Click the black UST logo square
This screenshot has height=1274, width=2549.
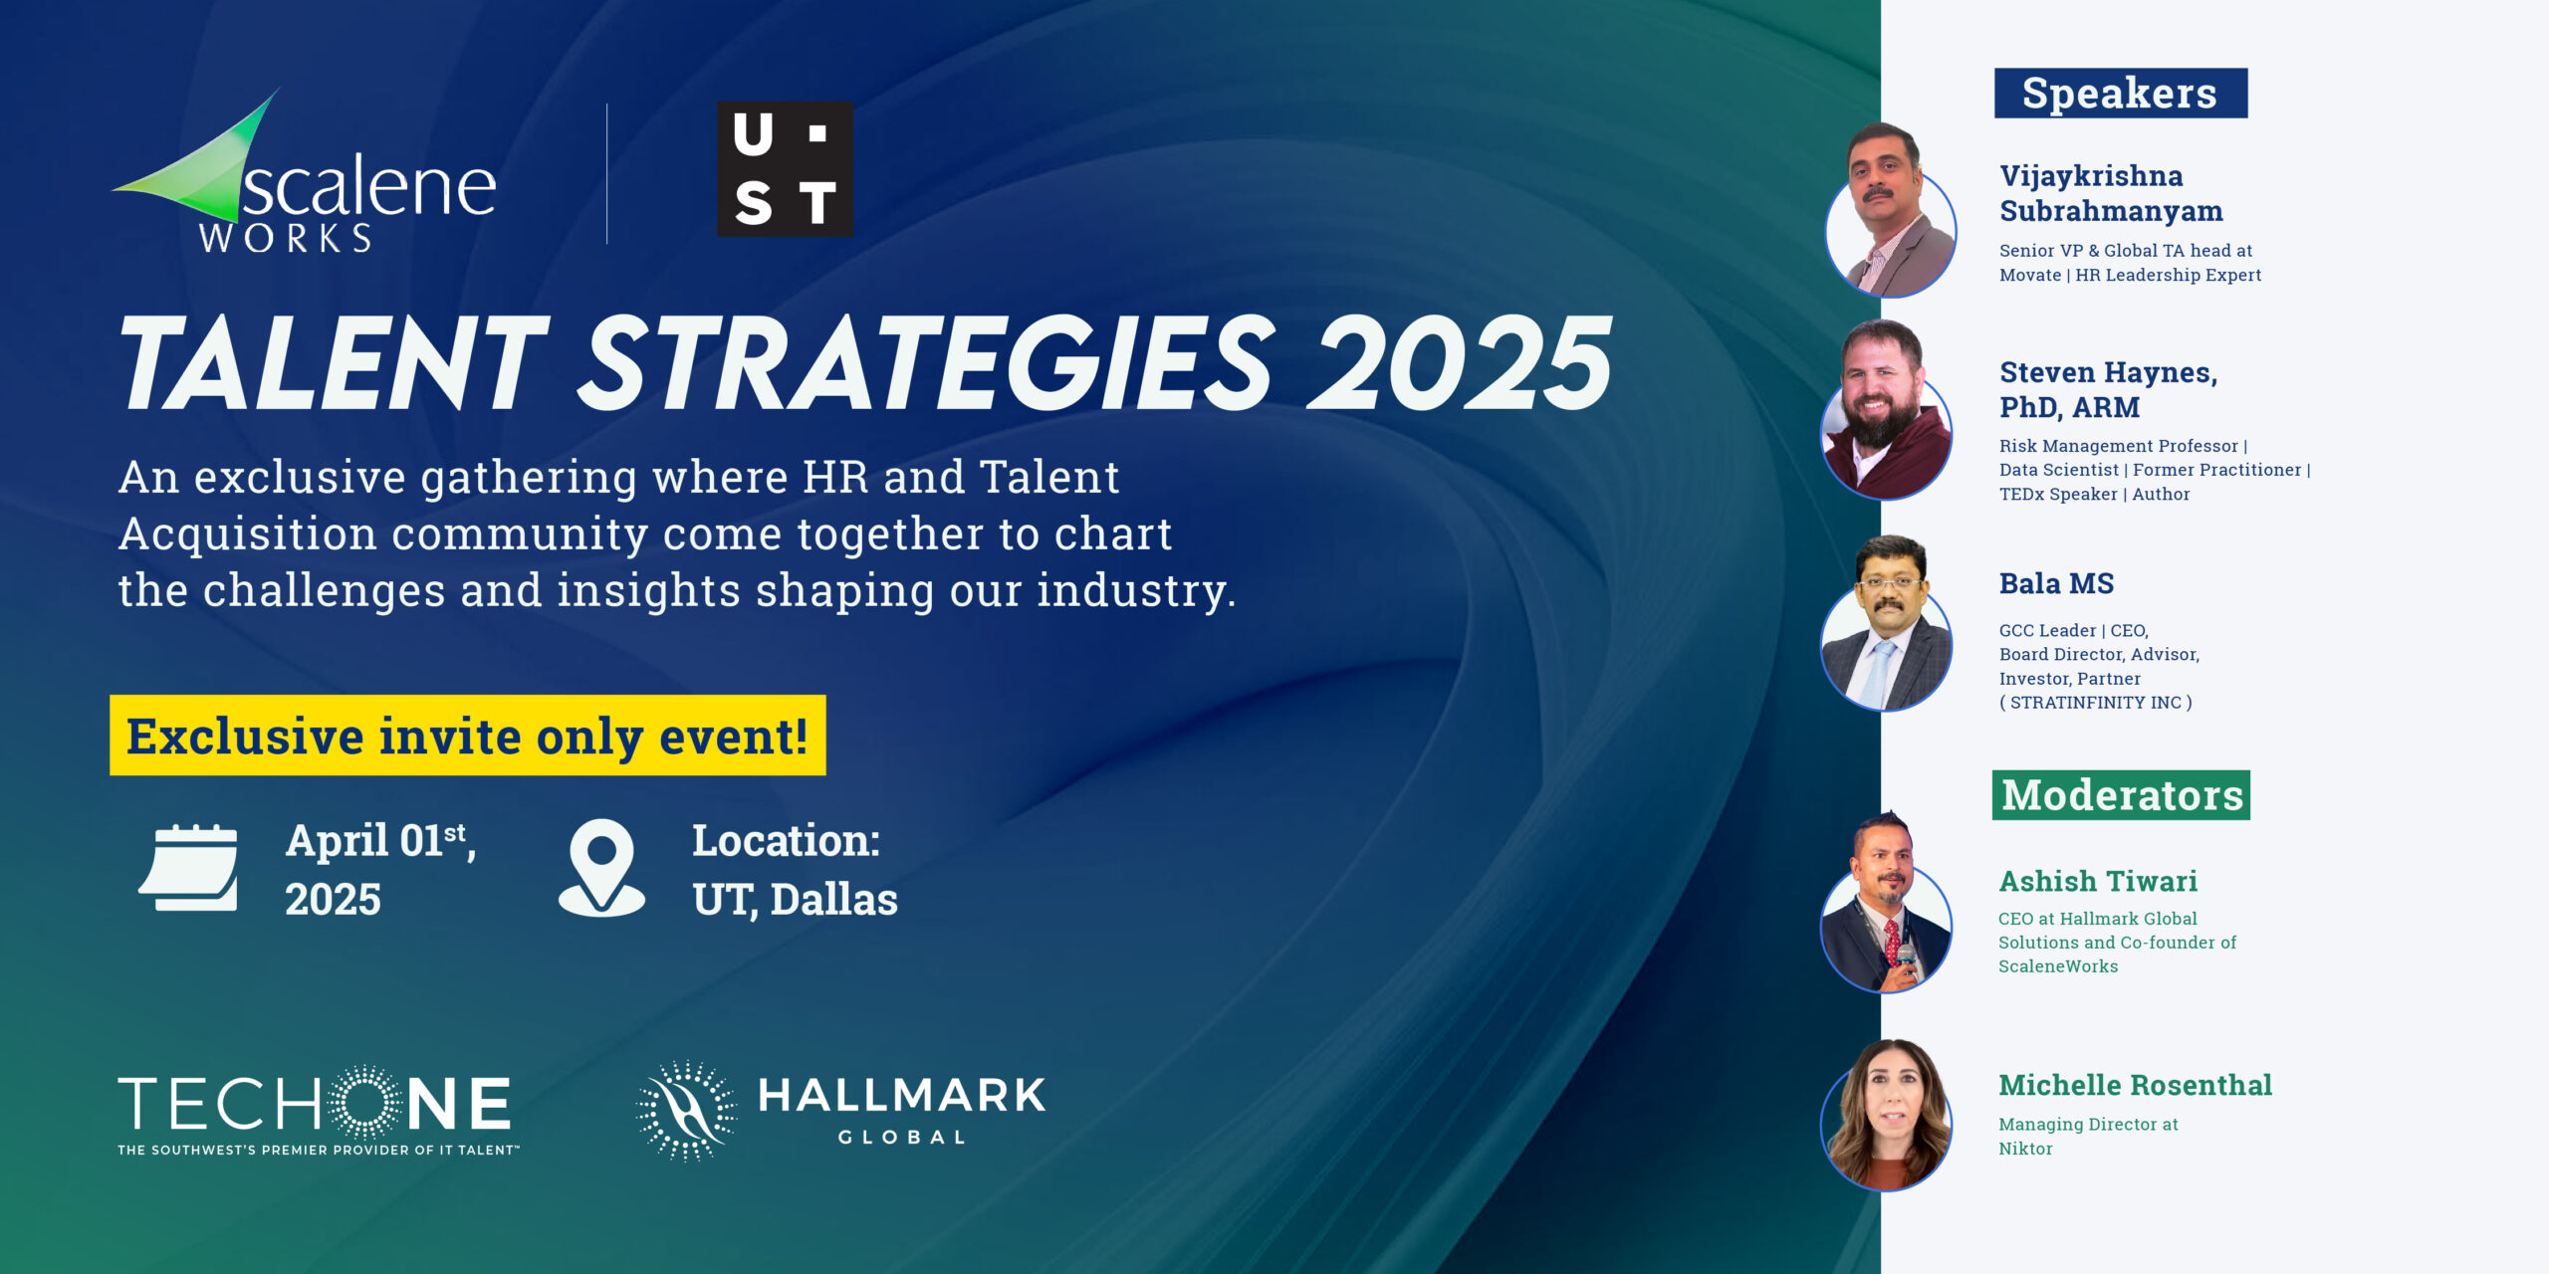(x=785, y=168)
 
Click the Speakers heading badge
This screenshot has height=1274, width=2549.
(x=2121, y=94)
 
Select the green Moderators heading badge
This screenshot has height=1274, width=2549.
(x=2121, y=795)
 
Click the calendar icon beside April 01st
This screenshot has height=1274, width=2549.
(x=189, y=868)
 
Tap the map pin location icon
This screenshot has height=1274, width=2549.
(x=601, y=867)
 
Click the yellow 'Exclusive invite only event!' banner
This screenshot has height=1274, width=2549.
(x=468, y=736)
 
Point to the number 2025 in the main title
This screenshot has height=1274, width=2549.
(x=1459, y=362)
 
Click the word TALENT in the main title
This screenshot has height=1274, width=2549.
(x=334, y=362)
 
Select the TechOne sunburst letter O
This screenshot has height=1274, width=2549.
(x=365, y=1102)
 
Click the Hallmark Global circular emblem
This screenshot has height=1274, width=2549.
(x=686, y=1110)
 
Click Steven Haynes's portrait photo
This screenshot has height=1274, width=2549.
(x=1886, y=410)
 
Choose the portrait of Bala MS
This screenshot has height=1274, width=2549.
(x=1886, y=623)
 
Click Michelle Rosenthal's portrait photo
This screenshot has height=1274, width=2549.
(x=1886, y=1115)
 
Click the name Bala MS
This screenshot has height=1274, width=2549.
(x=2056, y=583)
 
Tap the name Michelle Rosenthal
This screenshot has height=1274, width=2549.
(x=2135, y=1085)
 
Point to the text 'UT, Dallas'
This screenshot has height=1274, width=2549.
(x=795, y=900)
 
